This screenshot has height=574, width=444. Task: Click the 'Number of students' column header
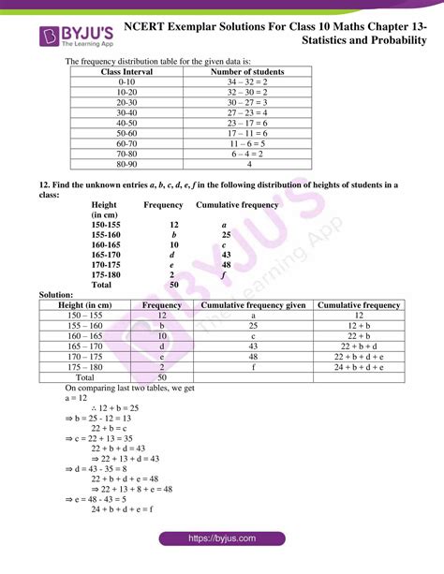pos(249,71)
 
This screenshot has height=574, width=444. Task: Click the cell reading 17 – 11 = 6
pos(249,133)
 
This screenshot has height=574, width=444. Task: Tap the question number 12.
pos(44,184)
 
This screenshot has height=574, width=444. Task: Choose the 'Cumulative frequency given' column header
pos(253,305)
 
